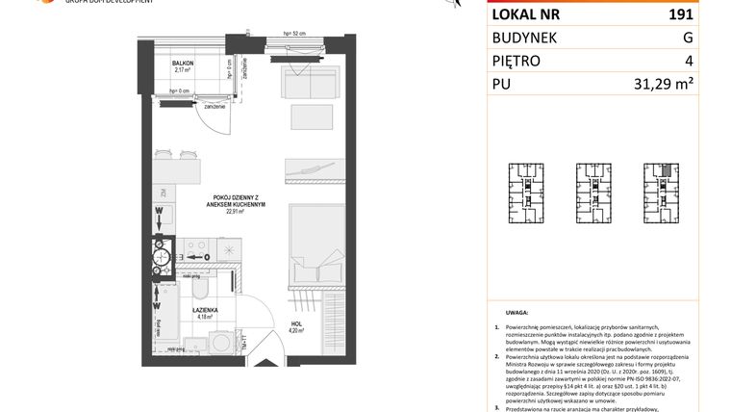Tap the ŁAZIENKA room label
203,309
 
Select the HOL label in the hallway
296,324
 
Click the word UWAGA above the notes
517,312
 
